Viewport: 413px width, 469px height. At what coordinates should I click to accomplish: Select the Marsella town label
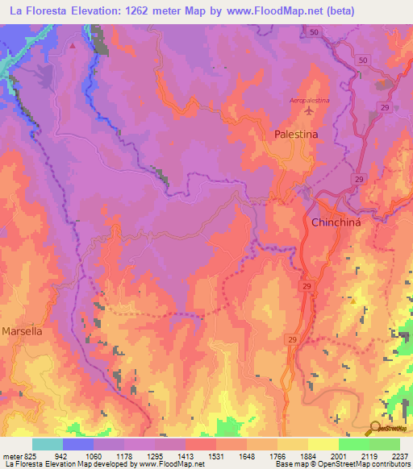(22, 330)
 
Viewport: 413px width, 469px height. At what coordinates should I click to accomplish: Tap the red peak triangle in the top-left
(73, 45)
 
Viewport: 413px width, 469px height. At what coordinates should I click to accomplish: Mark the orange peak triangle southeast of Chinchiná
(353, 301)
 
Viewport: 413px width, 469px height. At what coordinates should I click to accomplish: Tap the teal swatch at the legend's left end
(47, 444)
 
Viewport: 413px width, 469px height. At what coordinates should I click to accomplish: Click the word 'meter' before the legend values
(11, 456)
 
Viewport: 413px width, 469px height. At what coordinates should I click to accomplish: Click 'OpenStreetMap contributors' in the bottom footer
(365, 464)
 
